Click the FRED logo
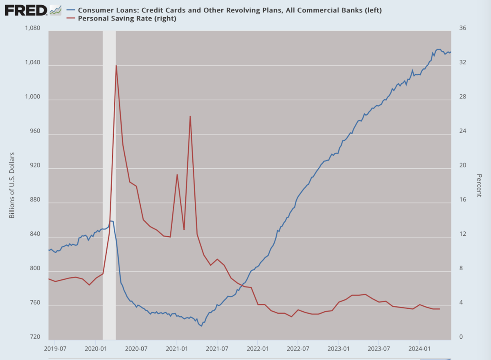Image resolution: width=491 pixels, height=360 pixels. [x=26, y=10]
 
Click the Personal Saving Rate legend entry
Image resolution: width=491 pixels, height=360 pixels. [x=127, y=18]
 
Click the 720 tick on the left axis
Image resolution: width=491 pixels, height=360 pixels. [x=35, y=337]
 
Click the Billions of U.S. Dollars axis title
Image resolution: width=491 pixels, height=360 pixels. [x=12, y=185]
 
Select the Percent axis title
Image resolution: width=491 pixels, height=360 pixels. [x=479, y=185]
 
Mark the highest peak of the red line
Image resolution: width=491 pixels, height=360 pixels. [x=116, y=66]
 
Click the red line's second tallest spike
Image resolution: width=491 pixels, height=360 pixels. [x=190, y=116]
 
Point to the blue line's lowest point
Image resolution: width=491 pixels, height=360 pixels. [x=201, y=326]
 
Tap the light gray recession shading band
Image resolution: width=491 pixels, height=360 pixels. [x=109, y=184]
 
